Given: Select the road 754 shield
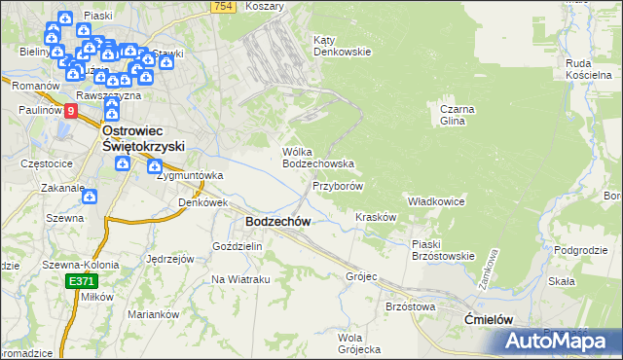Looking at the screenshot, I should pyautogui.click(x=223, y=7).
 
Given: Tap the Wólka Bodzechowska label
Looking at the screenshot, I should pyautogui.click(x=316, y=158).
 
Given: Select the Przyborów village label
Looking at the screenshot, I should pyautogui.click(x=338, y=185).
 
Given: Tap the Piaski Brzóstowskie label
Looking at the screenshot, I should pyautogui.click(x=442, y=250).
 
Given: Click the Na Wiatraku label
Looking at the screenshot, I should pyautogui.click(x=240, y=280).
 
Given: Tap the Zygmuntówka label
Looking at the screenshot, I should pyautogui.click(x=190, y=176).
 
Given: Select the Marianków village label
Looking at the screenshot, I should pyautogui.click(x=155, y=314).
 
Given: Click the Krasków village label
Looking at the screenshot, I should pyautogui.click(x=376, y=217).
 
